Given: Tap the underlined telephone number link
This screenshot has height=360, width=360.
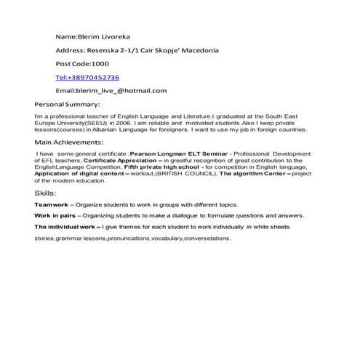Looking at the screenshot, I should (87, 76).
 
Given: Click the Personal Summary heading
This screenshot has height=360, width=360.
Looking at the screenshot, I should (68, 105).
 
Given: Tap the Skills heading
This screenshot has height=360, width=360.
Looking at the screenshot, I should (44, 193).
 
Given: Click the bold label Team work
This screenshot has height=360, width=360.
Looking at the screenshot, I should (51, 205).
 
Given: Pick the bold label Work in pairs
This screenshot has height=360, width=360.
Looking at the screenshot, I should (54, 216).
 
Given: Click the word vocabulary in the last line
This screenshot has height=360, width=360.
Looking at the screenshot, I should (168, 238).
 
